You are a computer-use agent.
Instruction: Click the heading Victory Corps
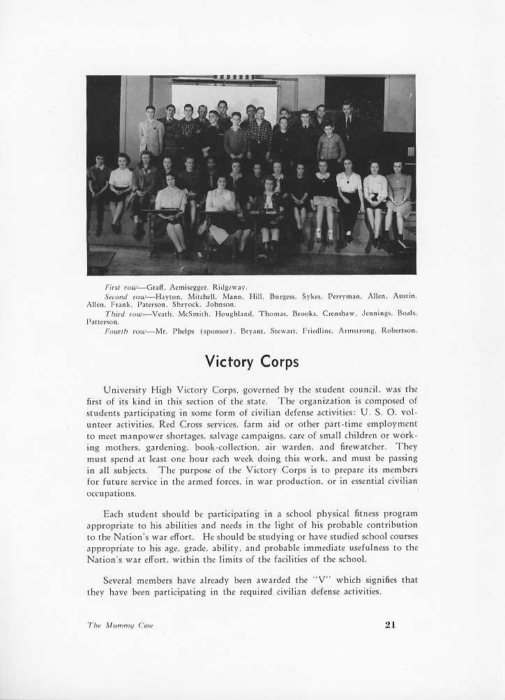[252, 362]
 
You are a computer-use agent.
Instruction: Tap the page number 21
[390, 625]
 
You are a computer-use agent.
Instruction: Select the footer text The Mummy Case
[120, 625]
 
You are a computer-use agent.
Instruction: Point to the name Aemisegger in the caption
[190, 287]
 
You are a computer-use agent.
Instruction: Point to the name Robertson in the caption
[398, 330]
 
